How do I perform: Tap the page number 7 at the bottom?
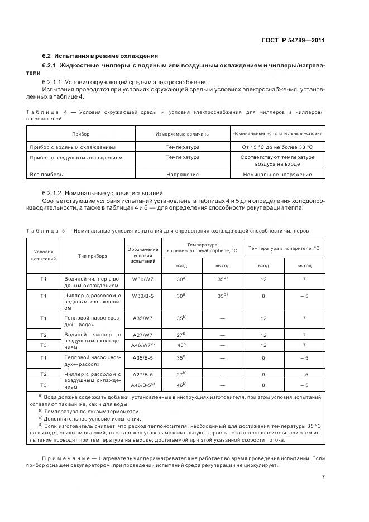point(323,476)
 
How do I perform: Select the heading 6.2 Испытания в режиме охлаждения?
point(100,56)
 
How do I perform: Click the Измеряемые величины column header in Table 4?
point(182,134)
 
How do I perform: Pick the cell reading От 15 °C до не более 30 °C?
point(277,147)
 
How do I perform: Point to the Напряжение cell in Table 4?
point(182,175)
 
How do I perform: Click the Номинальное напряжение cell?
point(277,175)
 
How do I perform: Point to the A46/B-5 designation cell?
point(143,385)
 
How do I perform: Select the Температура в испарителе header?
point(284,248)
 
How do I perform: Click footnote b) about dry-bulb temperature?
point(84,411)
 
